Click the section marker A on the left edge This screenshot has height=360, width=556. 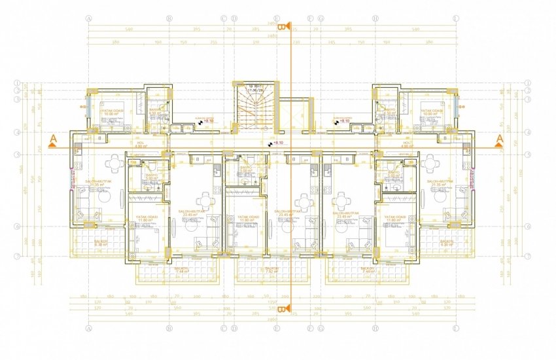coord(52,139)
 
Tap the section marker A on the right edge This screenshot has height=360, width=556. coord(499,139)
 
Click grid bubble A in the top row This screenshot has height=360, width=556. coord(88,19)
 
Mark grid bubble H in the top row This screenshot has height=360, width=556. coord(374,19)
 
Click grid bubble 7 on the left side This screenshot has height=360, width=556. coord(16,255)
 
